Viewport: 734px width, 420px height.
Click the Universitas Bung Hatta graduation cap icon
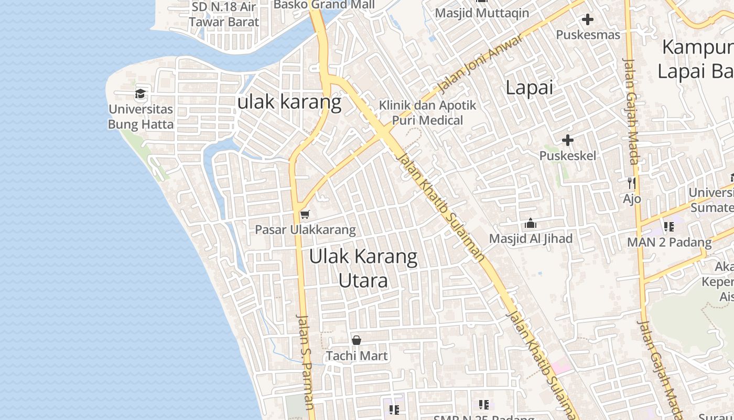pyautogui.click(x=140, y=94)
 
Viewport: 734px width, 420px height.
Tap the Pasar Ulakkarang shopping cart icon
pyautogui.click(x=305, y=214)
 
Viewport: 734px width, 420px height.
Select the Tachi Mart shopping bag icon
pyautogui.click(x=357, y=340)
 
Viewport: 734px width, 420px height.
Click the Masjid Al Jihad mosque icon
pyautogui.click(x=531, y=223)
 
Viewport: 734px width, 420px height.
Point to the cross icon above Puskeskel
pyautogui.click(x=568, y=140)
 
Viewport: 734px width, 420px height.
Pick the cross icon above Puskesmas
pyautogui.click(x=588, y=19)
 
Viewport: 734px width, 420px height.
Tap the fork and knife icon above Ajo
pyautogui.click(x=632, y=183)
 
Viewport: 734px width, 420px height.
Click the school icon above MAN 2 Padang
pyautogui.click(x=669, y=227)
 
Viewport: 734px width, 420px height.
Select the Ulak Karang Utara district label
pyautogui.click(x=363, y=268)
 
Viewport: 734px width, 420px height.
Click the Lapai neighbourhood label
pyautogui.click(x=529, y=88)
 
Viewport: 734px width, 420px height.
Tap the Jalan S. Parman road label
pyautogui.click(x=305, y=362)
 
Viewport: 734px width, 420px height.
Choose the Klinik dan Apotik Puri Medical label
pyautogui.click(x=428, y=113)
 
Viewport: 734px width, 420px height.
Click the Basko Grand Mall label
pyautogui.click(x=324, y=5)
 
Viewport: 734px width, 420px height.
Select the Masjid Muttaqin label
pyautogui.click(x=482, y=13)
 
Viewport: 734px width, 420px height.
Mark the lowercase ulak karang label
pyautogui.click(x=289, y=102)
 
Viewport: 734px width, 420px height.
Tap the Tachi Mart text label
pyautogui.click(x=357, y=356)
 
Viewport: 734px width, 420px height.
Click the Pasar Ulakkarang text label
pyautogui.click(x=305, y=230)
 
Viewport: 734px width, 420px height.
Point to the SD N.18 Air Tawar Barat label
pyautogui.click(x=224, y=14)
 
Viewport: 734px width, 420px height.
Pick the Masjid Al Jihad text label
pyautogui.click(x=531, y=239)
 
